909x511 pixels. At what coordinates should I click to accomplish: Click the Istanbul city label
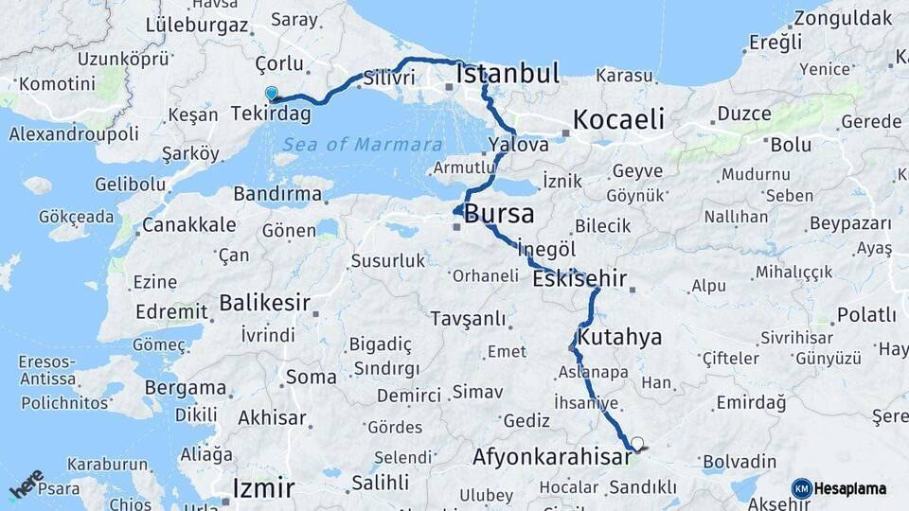[508, 74]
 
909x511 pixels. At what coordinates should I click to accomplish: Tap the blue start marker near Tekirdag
[272, 94]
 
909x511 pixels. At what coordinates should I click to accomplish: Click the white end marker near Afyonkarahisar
[637, 443]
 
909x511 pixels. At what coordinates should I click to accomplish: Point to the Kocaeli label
[618, 120]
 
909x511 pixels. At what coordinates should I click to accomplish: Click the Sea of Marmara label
[363, 145]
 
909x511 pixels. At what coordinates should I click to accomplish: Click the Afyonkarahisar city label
[552, 458]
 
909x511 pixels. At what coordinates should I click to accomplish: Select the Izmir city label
[264, 488]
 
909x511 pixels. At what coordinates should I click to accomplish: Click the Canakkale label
[188, 225]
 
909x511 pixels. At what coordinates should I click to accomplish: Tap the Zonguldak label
[843, 17]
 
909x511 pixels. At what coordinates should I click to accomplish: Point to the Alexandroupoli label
[74, 133]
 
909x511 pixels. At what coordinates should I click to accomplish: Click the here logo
[27, 483]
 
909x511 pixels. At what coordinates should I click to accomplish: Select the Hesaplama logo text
[850, 488]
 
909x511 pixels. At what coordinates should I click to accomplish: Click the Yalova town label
[519, 146]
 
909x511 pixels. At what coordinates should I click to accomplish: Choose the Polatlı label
[866, 314]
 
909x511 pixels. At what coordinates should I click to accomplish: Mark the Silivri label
[389, 78]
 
